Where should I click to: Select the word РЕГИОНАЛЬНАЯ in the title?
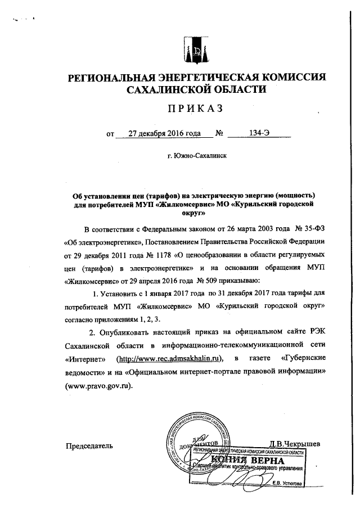(115, 78)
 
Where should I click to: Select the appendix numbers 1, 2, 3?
(145, 318)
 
